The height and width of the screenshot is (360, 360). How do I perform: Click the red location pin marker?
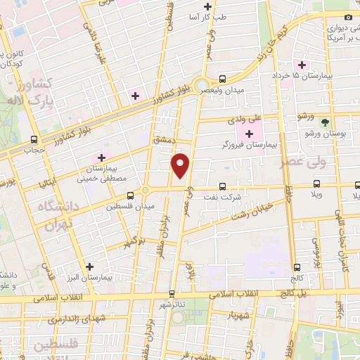pos(181,165)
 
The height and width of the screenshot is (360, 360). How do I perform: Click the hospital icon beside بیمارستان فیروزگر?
pos(249,133)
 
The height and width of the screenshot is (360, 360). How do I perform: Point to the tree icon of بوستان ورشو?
pos(325,121)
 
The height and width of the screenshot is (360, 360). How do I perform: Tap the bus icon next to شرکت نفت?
pos(222,187)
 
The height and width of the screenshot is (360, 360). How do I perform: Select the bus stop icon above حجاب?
pos(34,139)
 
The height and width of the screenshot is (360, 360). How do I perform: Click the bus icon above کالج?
pos(297,267)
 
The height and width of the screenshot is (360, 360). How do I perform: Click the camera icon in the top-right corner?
pos(348,17)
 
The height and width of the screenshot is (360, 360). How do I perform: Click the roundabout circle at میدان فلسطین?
pos(145,191)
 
